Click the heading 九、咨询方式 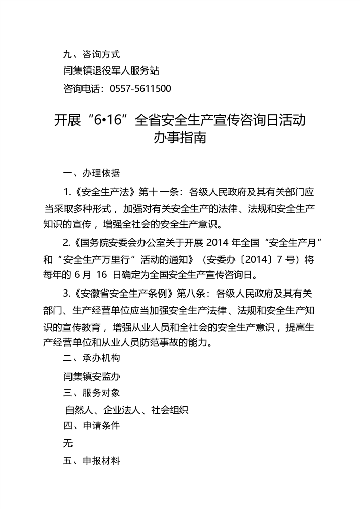pyautogui.click(x=92, y=53)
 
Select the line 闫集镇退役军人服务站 pyautogui.click(x=112, y=70)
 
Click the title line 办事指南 pyautogui.click(x=180, y=138)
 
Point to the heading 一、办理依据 pyautogui.click(x=92, y=173)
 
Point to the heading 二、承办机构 pyautogui.click(x=92, y=359)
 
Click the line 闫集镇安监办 pyautogui.click(x=92, y=376)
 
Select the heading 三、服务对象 pyautogui.click(x=92, y=393)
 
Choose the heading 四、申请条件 pyautogui.click(x=92, y=426)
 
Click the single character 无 pyautogui.click(x=68, y=443)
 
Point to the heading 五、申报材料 pyautogui.click(x=92, y=460)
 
